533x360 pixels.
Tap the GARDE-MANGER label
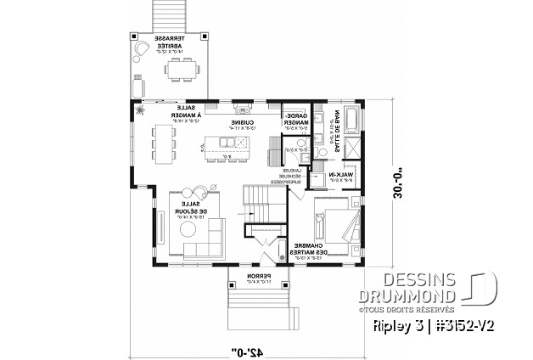pos(295,120)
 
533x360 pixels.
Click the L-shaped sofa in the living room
pos(205,238)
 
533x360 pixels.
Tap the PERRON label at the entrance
pos(251,280)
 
